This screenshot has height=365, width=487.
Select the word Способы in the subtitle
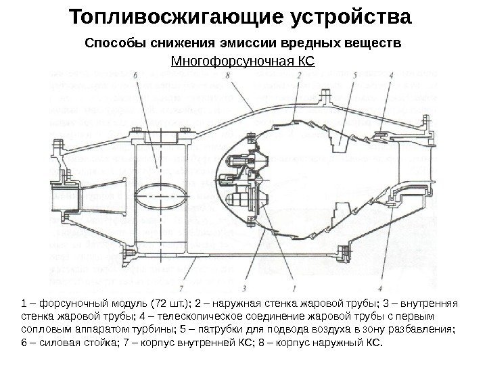tap(110, 44)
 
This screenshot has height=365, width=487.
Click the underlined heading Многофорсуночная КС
tap(243, 63)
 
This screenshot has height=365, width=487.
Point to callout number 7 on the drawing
tap(181, 275)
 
